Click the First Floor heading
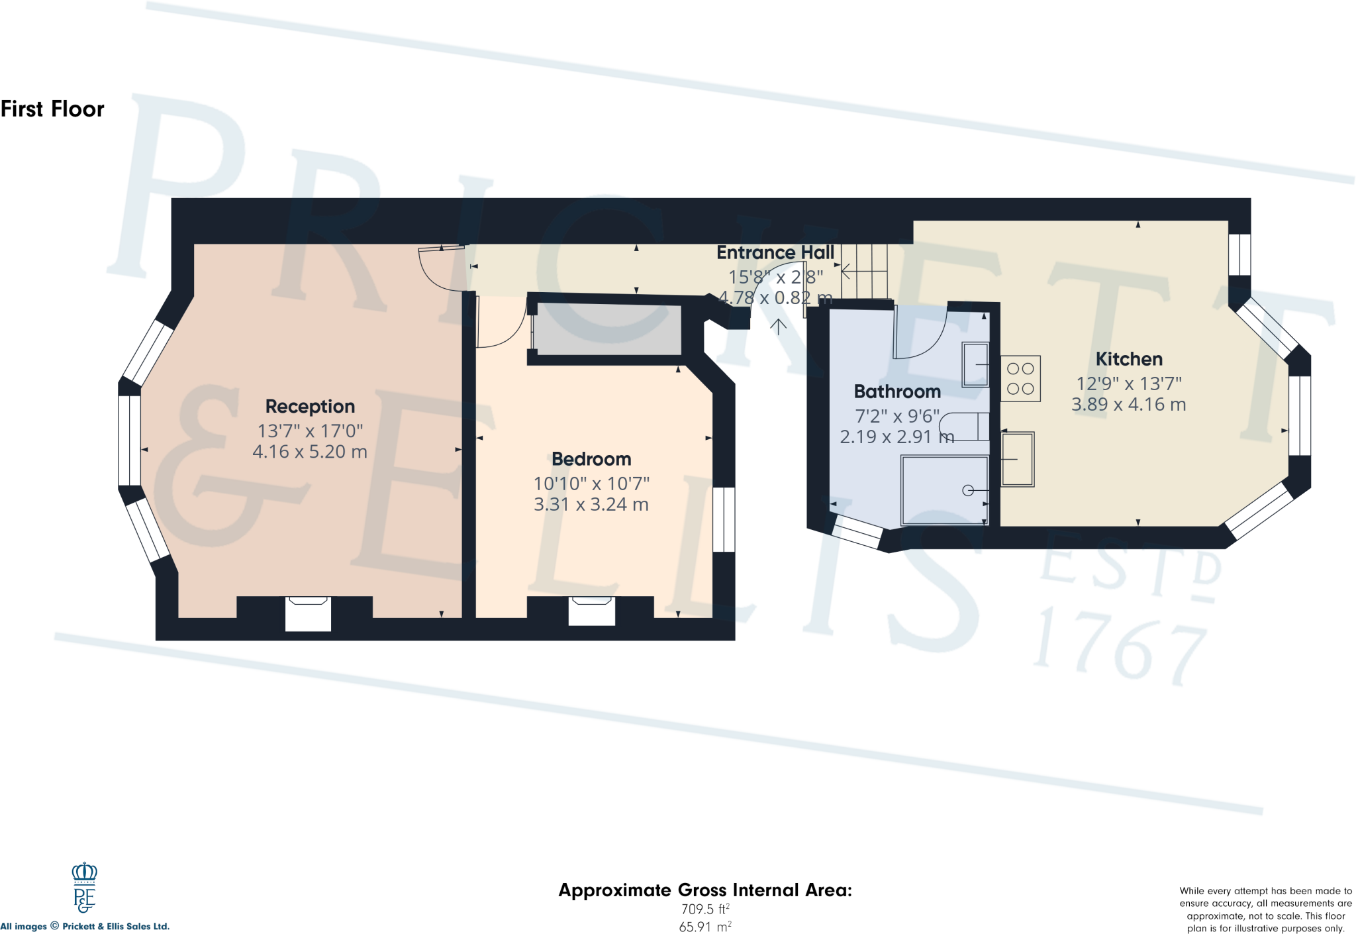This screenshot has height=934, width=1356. tap(52, 109)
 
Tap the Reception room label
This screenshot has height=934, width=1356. tap(310, 406)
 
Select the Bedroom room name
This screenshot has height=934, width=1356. tap(591, 459)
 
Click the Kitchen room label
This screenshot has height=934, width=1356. tap(1129, 359)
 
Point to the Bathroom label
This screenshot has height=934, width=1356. tap(897, 391)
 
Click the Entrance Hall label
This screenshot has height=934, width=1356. tap(775, 252)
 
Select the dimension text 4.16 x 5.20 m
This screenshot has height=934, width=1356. tap(310, 452)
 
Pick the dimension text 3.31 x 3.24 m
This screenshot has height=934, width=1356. tap(591, 505)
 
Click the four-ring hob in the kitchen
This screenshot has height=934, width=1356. tap(1020, 379)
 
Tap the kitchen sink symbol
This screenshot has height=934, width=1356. tap(1017, 459)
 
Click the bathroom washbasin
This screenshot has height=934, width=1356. tap(975, 364)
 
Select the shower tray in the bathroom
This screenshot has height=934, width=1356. tap(945, 490)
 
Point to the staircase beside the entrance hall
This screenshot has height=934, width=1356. tap(865, 272)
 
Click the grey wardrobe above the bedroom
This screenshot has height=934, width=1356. tap(608, 329)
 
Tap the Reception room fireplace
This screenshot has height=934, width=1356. tap(308, 613)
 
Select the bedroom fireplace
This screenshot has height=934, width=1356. tap(591, 611)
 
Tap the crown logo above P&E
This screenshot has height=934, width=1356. tap(84, 872)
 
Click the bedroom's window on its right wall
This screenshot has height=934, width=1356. tap(724, 520)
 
